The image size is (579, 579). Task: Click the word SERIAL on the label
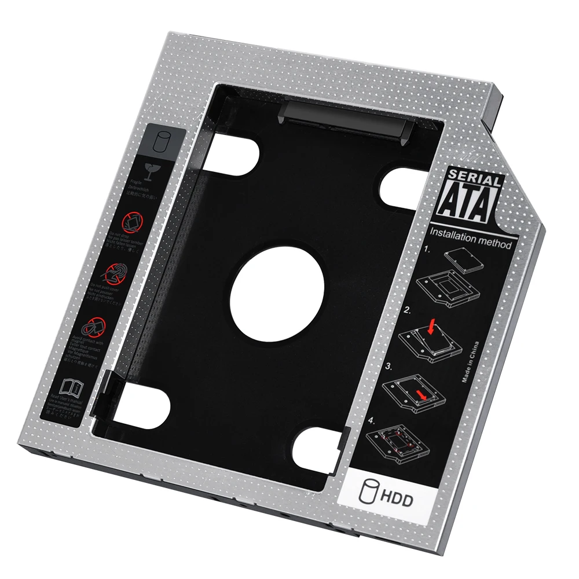[474, 179]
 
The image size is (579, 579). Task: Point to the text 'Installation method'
[470, 239]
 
